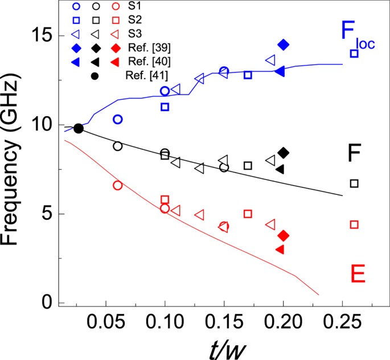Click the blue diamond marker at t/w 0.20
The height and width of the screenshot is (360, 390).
click(x=284, y=44)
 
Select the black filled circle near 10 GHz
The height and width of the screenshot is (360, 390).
click(x=79, y=128)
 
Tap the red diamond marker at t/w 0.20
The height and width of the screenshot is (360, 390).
click(x=284, y=236)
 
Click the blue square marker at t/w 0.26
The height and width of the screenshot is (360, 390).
click(x=354, y=54)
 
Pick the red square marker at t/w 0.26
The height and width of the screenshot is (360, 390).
click(x=354, y=224)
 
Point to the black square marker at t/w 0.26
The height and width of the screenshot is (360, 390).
click(x=354, y=183)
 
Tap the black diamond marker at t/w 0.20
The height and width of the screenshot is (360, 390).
click(x=284, y=152)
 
